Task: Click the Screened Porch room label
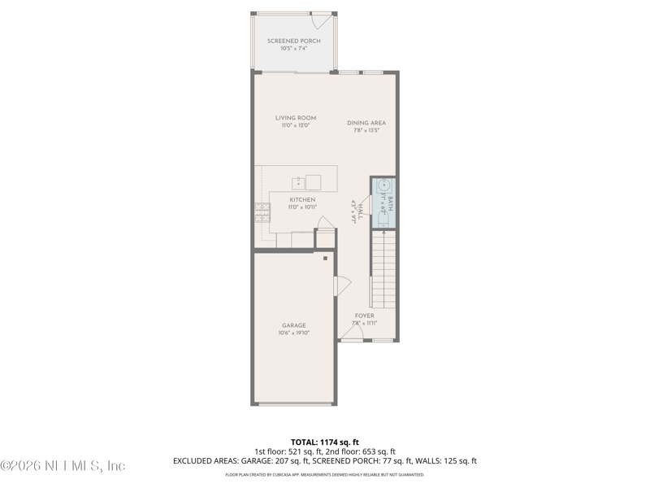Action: (293, 41)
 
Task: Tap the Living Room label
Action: (295, 118)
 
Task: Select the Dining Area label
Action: (366, 123)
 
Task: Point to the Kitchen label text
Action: (303, 199)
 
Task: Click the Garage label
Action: (293, 325)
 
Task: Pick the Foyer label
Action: (365, 316)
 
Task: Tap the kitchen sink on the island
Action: (298, 181)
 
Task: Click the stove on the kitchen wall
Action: (262, 212)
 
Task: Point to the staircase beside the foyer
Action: (383, 268)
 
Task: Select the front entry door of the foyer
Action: (351, 333)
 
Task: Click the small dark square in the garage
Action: (325, 259)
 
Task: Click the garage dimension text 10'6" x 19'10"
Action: (294, 333)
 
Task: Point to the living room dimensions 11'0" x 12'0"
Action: (295, 125)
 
